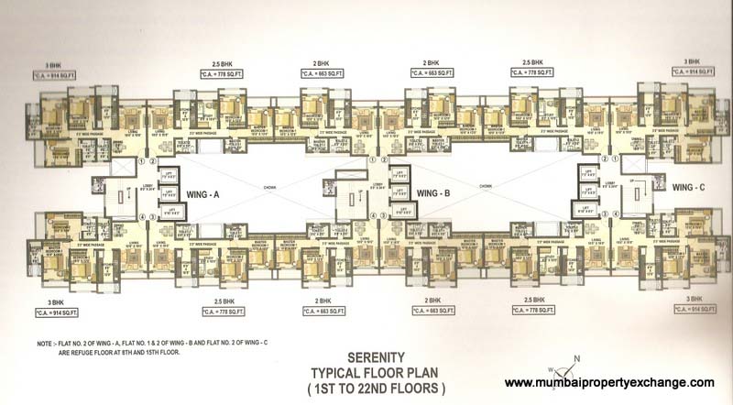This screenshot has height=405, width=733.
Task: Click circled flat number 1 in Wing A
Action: tap(139, 163)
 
